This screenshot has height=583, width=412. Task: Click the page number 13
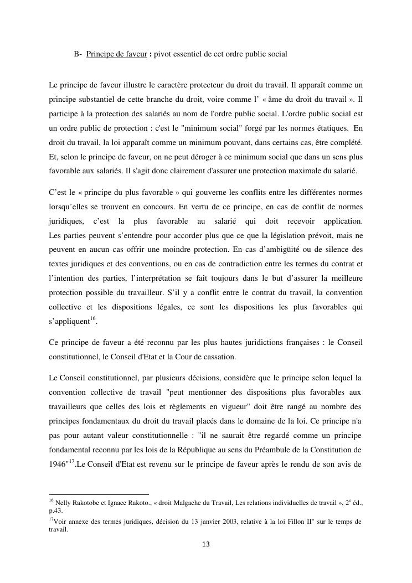click(205, 544)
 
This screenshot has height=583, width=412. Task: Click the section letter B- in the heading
click(78, 54)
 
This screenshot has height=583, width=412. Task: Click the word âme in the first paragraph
click(271, 100)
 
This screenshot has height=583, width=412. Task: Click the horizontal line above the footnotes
click(99, 494)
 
